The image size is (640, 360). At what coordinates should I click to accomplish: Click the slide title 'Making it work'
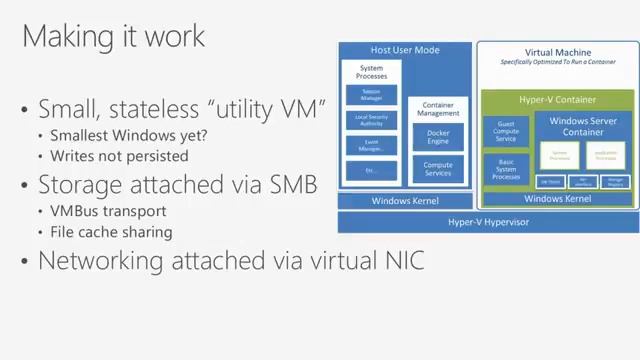[113, 36]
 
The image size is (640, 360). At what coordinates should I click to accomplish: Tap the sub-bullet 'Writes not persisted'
[118, 155]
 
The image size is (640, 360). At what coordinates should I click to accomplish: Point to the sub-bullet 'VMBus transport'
[108, 211]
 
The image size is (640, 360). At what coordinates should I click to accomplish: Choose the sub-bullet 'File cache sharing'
[111, 231]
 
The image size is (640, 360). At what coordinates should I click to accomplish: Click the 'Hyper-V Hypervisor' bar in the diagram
[488, 222]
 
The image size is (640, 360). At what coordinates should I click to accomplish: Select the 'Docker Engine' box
[438, 138]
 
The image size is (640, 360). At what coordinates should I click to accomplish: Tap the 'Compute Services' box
[438, 169]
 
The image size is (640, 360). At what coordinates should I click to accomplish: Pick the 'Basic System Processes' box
[505, 169]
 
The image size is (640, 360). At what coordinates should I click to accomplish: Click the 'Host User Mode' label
[404, 50]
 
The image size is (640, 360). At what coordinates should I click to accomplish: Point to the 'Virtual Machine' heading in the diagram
[557, 52]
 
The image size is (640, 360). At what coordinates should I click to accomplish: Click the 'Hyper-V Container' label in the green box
[557, 100]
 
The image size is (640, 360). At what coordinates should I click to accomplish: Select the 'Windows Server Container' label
[582, 127]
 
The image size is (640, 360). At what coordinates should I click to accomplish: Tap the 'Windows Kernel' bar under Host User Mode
[404, 201]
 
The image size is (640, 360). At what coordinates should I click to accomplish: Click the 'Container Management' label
[439, 108]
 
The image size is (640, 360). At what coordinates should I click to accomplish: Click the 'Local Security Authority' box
[370, 120]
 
